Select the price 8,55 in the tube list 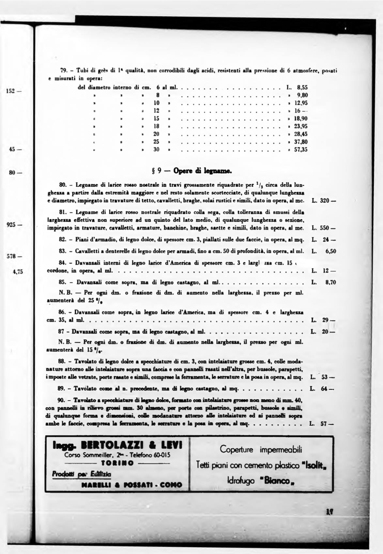click(302, 87)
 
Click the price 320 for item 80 click(326, 200)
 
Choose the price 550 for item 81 click(326, 228)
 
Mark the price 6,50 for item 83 click(330, 251)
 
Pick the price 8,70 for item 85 click(330, 282)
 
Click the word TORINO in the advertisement click(117, 463)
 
